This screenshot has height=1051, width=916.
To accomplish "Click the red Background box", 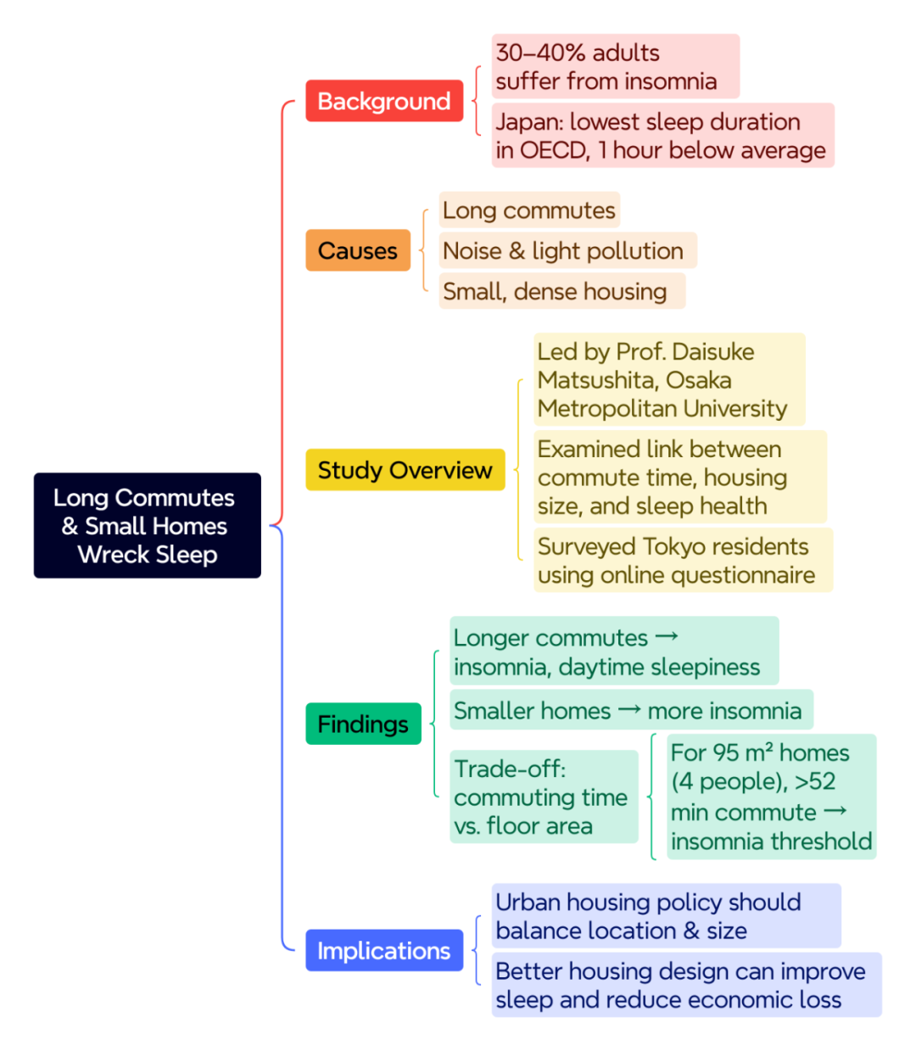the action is pos(384,101).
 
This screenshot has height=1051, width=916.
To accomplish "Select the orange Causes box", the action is pos(358,250).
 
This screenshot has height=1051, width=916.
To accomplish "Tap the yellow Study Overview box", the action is pos(405,469).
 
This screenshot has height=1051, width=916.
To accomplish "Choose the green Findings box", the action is pos(363,724).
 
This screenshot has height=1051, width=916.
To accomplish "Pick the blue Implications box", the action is pos(384,950).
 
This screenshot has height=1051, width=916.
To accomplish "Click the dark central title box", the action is pos(148,525).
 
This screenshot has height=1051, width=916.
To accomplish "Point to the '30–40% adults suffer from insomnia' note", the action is pos(616,66).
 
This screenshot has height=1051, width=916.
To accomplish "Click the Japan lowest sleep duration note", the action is pos(663,135).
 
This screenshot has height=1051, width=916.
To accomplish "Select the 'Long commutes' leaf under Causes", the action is pos(529,210).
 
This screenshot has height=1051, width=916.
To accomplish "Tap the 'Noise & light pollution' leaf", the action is pos(568,250).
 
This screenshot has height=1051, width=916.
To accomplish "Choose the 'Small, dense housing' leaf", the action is pos(562,291).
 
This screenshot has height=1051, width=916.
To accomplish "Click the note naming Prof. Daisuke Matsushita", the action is pos(669,379).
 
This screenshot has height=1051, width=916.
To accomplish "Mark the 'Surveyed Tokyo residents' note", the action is pos(684,560).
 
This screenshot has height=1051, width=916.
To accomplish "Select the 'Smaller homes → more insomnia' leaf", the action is pos(632,709).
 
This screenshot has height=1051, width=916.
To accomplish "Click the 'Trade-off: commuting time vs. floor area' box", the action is pos(545,797).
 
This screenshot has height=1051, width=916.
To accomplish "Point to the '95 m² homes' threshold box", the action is pos(772,797).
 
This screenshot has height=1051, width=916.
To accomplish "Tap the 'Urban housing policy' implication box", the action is pos(667,915).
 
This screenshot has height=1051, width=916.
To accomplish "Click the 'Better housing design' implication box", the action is pos(687,984).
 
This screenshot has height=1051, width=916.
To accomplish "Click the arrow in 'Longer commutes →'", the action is pos(667,636).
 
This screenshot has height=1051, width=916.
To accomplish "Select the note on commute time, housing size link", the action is pos(680,477).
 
